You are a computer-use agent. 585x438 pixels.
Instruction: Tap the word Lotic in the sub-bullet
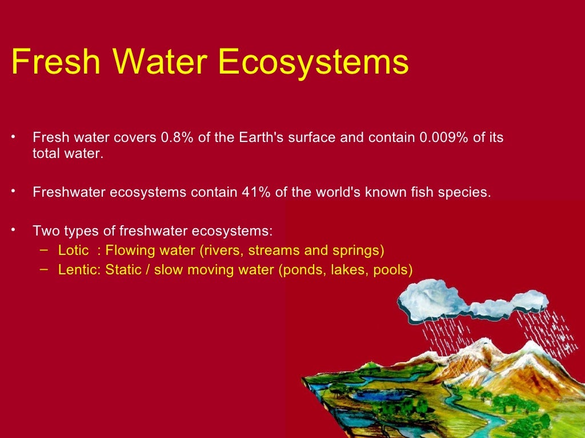pos(73,250)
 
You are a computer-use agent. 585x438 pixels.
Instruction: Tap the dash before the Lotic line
pos(43,250)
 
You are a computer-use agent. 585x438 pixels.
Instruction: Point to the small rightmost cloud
pos(531,301)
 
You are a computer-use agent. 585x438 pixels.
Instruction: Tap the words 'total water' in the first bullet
pos(67,154)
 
